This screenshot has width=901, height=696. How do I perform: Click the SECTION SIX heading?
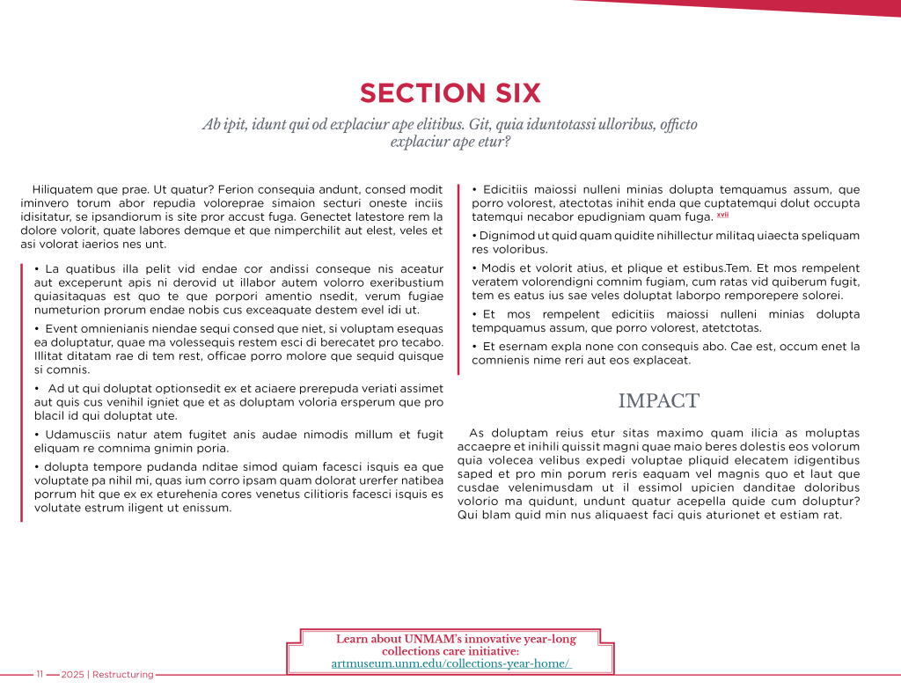(450, 93)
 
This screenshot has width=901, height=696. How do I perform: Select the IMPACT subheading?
(658, 401)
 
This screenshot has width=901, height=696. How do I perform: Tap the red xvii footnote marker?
(722, 215)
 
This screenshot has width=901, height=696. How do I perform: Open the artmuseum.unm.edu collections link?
(450, 663)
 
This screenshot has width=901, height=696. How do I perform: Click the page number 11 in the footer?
(40, 675)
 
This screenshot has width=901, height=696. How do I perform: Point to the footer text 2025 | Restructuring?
(107, 675)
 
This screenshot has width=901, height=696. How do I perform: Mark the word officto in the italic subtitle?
(674, 124)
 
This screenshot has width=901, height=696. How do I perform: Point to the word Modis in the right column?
(499, 267)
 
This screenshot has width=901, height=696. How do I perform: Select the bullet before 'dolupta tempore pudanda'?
(36, 466)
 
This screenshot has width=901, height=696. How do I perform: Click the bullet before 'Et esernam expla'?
(474, 347)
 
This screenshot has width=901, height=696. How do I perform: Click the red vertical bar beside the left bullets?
(21, 392)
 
